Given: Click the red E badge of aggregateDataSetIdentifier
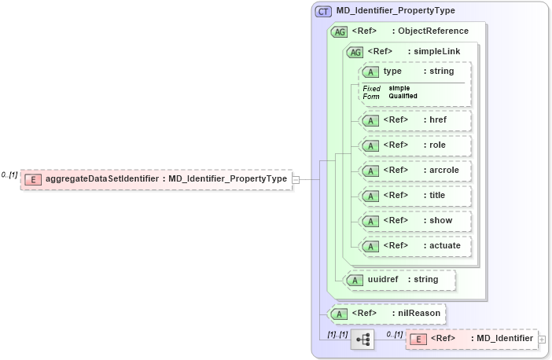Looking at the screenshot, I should click(x=33, y=179).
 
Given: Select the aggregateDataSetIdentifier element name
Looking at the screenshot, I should click(x=101, y=179).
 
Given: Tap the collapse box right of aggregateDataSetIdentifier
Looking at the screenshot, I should click(x=296, y=179).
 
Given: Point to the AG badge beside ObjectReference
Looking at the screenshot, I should click(x=340, y=31).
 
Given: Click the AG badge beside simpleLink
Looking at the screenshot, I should click(x=355, y=52).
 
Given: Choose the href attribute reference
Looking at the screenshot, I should click(x=415, y=120).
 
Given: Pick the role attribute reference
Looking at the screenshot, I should click(x=415, y=145).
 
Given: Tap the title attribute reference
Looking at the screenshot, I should click(x=415, y=195).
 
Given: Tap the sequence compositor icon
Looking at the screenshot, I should click(x=362, y=340).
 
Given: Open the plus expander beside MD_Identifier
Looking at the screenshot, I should click(x=541, y=339).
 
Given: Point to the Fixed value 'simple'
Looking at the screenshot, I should click(x=399, y=88).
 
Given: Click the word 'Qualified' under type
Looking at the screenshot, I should click(x=403, y=96).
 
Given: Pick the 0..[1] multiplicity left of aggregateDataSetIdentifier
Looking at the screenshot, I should click(x=9, y=174).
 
